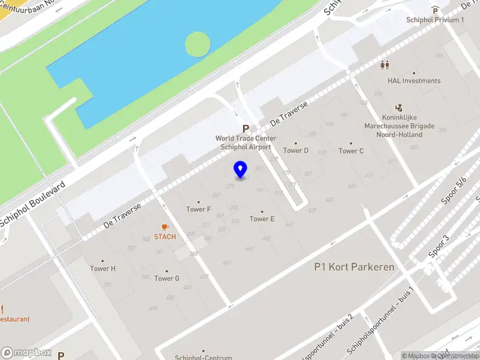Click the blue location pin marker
click(x=241, y=170)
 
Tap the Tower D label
click(x=296, y=151)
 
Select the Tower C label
click(x=351, y=151)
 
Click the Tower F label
click(x=199, y=209)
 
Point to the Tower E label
click(x=262, y=218)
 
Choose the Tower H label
click(x=103, y=268)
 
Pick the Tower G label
click(x=167, y=278)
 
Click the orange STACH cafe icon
click(x=165, y=227)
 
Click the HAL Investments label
click(x=414, y=81)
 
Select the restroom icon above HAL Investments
click(x=385, y=65)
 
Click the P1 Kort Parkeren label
click(x=355, y=267)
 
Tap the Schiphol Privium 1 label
click(x=435, y=20)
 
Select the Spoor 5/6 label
click(x=454, y=191)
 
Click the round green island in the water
click(x=198, y=44)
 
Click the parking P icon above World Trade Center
click(x=245, y=128)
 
